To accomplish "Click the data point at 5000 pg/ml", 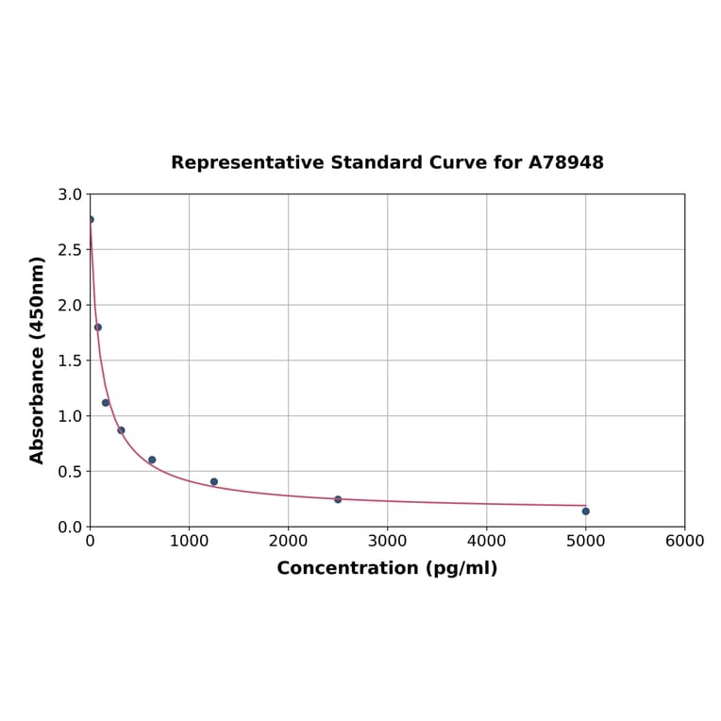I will pos(585,511).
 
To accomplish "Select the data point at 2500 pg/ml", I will pos(338,499).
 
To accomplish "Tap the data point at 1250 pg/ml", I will pos(214,481).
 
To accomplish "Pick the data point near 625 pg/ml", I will pos(152,460).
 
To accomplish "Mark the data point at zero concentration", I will pos(91,220).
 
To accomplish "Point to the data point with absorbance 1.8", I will pos(98,327).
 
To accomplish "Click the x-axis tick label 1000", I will pos(189,541).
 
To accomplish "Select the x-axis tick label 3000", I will pos(387,541).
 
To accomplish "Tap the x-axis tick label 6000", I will pos(684,541).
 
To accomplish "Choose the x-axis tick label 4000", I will pos(486,541).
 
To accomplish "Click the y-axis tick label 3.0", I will pos(70,194).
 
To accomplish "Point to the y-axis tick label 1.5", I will pos(70,360).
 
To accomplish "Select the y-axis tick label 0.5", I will pos(70,471).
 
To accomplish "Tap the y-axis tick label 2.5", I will pos(70,250).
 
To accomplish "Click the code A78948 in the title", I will pos(565,162).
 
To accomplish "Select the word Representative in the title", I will pos(247,162).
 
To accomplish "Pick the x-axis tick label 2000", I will pos(288,541).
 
